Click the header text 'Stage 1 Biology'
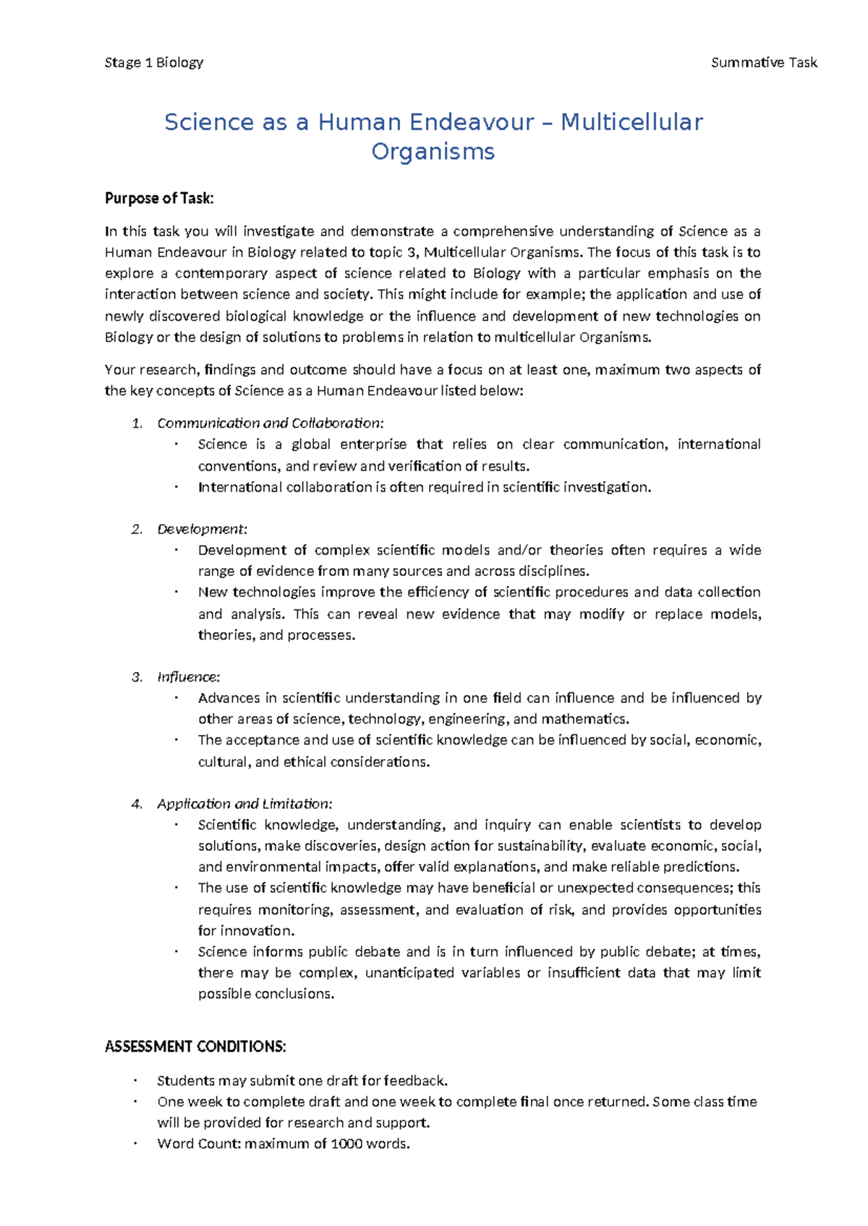tap(153, 62)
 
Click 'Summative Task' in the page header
tap(763, 62)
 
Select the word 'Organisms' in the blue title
tap(433, 152)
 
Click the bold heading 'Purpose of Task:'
tap(159, 198)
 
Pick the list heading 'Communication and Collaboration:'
tap(270, 423)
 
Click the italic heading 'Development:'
tap(202, 529)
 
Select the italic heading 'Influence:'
tap(188, 677)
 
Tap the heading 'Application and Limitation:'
tap(244, 804)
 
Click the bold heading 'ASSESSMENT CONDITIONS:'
tap(195, 1047)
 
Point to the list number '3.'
tap(137, 677)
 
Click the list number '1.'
tap(137, 423)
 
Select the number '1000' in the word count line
tap(346, 1144)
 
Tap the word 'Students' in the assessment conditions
tap(185, 1081)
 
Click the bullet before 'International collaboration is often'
tap(176, 487)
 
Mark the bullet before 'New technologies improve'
tap(176, 592)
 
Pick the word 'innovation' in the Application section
tap(256, 930)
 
